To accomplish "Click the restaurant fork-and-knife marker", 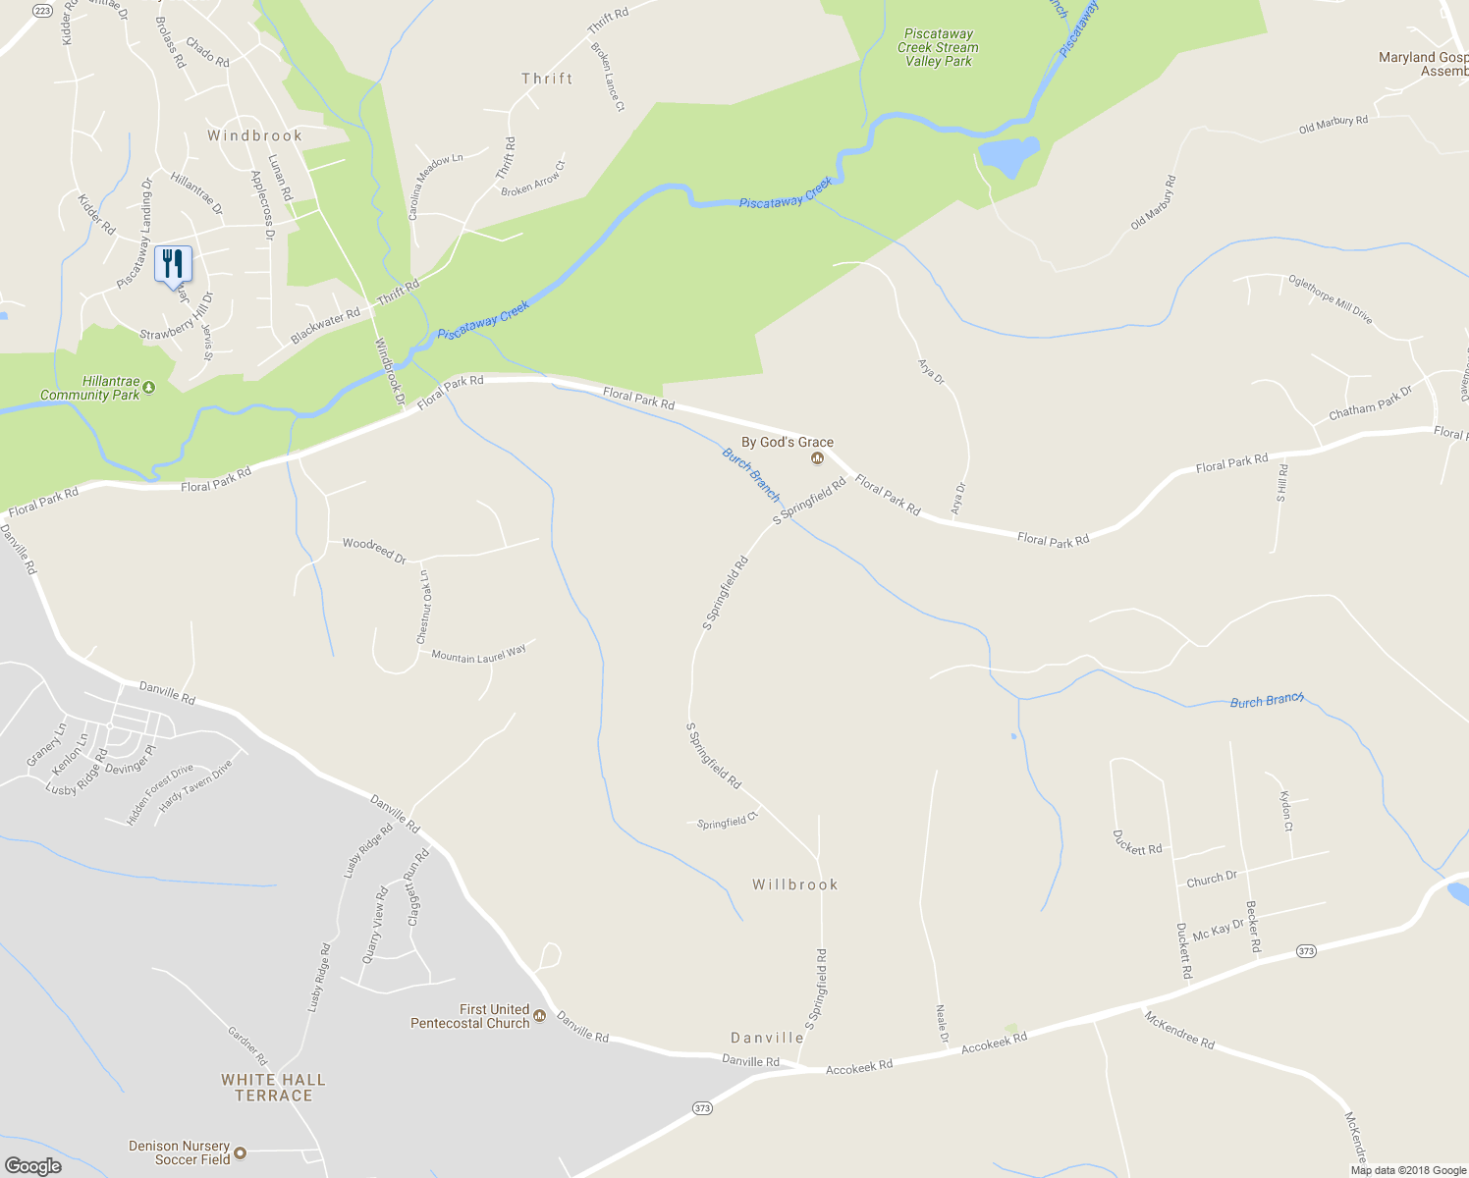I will click(173, 264).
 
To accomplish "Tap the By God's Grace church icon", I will click(817, 458).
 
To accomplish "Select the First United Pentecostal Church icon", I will click(539, 1015).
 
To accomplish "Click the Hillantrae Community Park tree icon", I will click(149, 388).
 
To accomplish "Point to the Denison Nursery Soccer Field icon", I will click(240, 1152).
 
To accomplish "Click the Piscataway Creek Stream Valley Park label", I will click(938, 47).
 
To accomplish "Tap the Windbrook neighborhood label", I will click(254, 135).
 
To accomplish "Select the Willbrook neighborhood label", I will click(795, 884).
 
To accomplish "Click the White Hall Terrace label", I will click(273, 1088).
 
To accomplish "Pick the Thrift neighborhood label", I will click(547, 79).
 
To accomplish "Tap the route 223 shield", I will click(42, 11).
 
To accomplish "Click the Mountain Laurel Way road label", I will click(478, 655).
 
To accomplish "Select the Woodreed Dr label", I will click(374, 549).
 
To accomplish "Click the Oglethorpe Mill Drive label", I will click(1331, 298).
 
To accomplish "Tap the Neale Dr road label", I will click(943, 1024).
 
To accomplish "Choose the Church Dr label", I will click(1212, 879).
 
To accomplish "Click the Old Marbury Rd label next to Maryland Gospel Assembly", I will click(1333, 125).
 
